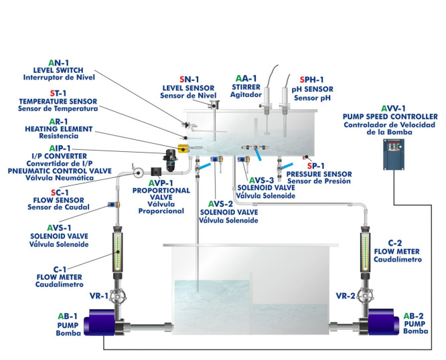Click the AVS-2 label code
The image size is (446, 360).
[x=220, y=203]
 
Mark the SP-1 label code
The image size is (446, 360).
[x=315, y=165]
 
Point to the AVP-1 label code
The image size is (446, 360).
[x=161, y=183]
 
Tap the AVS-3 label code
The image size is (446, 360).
[x=262, y=180]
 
